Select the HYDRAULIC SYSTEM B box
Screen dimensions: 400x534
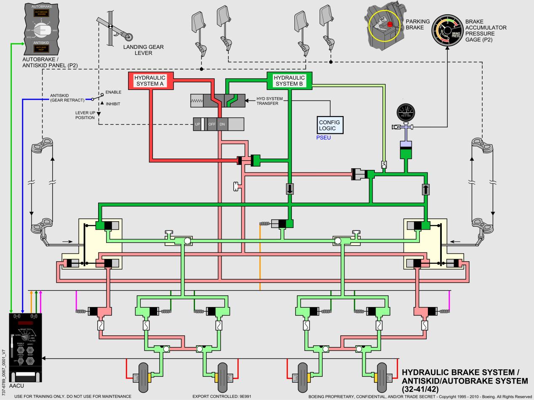289,81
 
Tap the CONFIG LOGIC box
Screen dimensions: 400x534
331,125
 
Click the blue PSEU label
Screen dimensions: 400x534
324,138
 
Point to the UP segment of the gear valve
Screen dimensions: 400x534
197,125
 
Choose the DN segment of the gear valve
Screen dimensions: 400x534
222,125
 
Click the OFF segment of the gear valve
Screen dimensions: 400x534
211,125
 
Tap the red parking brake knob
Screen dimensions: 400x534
390,24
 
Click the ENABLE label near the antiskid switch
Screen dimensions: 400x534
113,92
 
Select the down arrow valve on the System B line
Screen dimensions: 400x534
290,189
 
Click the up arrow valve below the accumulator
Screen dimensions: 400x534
425,189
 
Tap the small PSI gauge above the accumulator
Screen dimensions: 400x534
406,114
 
